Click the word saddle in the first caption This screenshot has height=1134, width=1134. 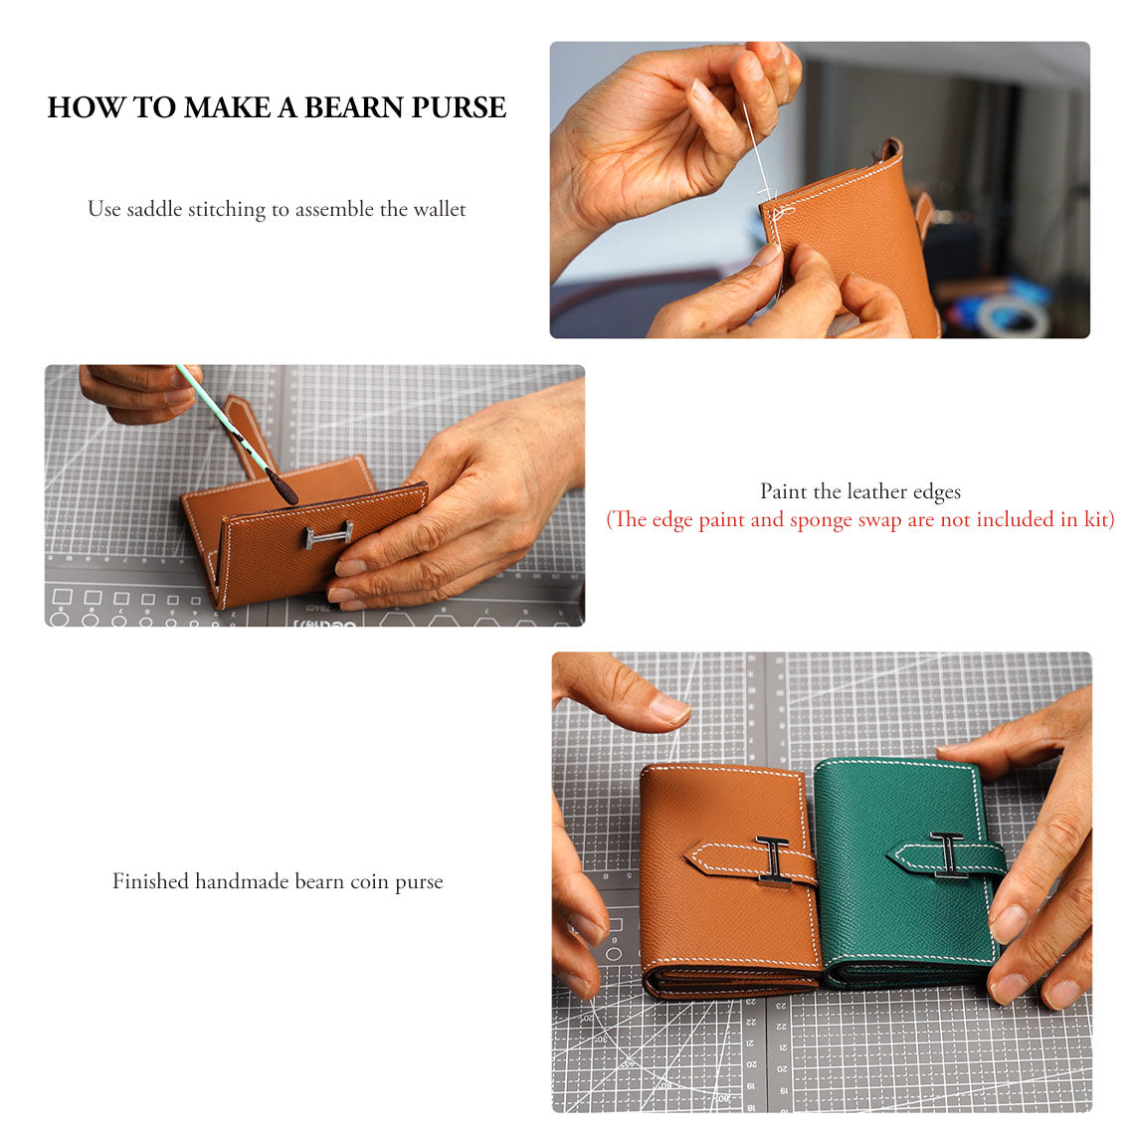click(x=155, y=209)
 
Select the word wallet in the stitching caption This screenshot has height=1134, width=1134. click(x=439, y=209)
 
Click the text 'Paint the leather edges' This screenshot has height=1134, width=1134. click(x=859, y=491)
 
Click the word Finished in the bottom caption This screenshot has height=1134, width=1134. click(x=150, y=881)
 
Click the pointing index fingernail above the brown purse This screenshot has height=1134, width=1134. click(x=668, y=708)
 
